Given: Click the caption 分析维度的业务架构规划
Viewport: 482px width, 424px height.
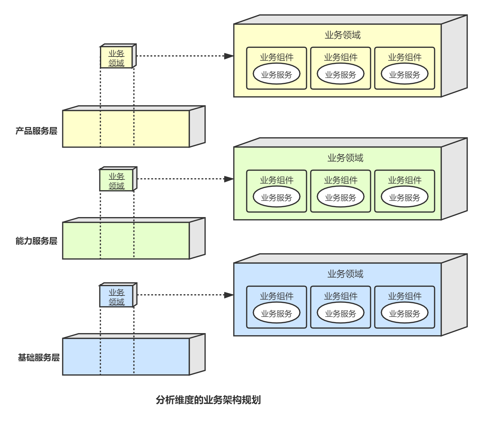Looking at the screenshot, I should pos(208,400).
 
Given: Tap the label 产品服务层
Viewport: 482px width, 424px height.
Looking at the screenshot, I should pos(36,131).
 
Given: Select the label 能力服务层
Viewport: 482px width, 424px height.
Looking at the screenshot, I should pos(36,241).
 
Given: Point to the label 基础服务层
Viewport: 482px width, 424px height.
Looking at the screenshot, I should pos(39,357).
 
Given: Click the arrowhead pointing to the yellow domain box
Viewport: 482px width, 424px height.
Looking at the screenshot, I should pos(229,56).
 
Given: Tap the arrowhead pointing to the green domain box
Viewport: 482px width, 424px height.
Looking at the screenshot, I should pos(229,179).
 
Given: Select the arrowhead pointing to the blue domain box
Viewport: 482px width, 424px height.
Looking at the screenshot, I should pos(229,295).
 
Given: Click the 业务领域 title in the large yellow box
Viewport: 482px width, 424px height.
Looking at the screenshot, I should pos(343,35).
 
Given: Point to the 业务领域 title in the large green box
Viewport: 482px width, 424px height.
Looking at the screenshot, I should pos(345,158).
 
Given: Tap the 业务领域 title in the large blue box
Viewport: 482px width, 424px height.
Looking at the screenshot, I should pos(345,274).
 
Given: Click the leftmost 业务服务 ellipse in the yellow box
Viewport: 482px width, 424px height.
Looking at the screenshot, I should pos(276,74).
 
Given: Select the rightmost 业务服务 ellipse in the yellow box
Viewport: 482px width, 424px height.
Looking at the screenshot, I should pos(405,74).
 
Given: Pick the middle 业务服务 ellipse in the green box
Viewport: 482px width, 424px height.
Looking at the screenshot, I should pos(340,197).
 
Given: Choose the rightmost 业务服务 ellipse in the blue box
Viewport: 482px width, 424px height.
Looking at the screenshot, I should pos(405,313).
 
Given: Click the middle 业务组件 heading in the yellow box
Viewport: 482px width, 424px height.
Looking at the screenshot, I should pos(340,57).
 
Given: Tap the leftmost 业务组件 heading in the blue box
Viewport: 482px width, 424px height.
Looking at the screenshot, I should pos(276,296).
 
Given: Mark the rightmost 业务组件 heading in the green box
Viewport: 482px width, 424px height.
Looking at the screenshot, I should pos(405,180).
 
